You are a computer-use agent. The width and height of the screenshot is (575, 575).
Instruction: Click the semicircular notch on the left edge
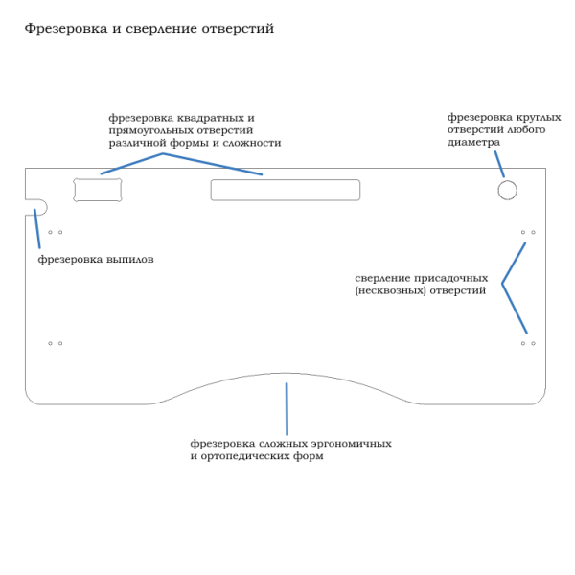click(47, 207)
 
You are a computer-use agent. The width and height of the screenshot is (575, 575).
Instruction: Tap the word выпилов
click(129, 260)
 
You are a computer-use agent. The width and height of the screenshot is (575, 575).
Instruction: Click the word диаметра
click(473, 143)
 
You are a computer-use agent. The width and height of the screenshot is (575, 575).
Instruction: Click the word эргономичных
click(352, 444)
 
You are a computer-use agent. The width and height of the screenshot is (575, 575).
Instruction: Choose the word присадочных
click(450, 279)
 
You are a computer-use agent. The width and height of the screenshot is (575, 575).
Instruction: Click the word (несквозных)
click(391, 290)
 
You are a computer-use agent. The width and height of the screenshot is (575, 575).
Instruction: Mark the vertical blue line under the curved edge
click(287, 409)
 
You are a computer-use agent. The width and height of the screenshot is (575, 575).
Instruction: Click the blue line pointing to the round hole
click(499, 164)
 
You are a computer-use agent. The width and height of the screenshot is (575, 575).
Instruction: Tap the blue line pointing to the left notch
click(37, 228)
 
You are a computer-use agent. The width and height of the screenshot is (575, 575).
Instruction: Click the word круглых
click(539, 117)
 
